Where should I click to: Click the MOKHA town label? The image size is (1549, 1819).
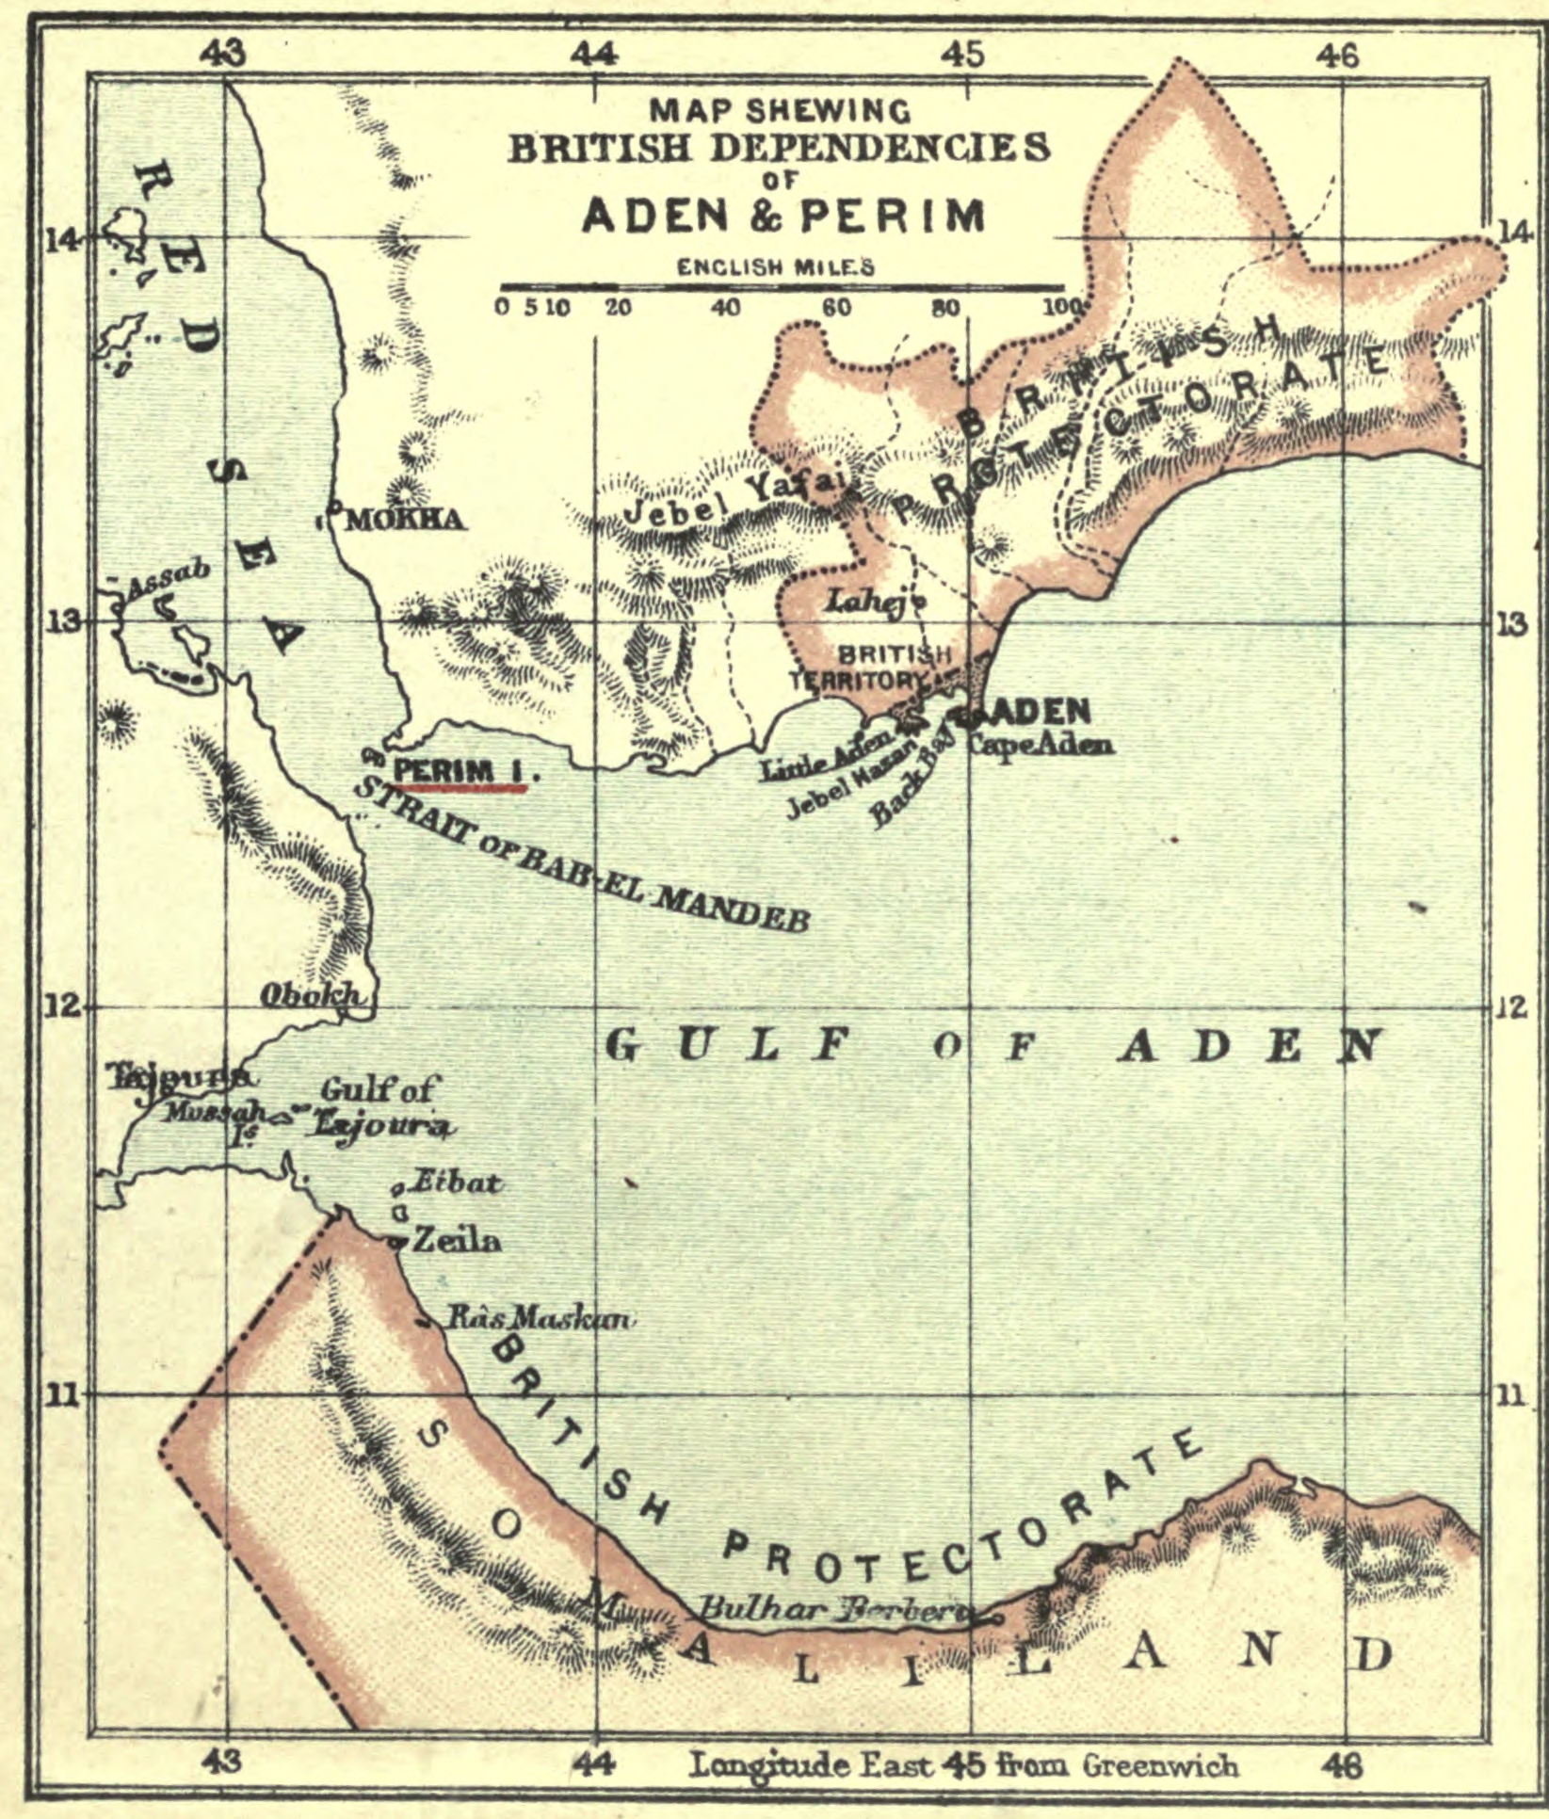point(406,520)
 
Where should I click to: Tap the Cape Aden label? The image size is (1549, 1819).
point(1040,745)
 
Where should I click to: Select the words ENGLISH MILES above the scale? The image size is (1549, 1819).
point(776,267)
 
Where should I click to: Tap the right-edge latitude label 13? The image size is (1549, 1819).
point(1511,624)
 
